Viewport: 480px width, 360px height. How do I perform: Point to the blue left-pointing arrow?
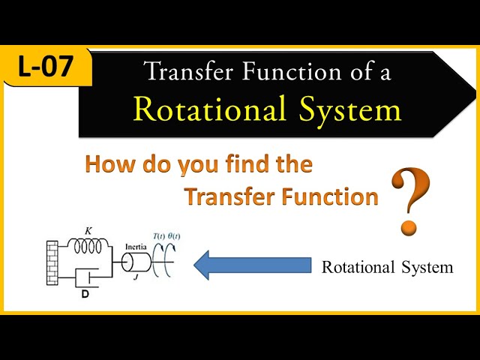(252, 265)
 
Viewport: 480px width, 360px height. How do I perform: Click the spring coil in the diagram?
(89, 244)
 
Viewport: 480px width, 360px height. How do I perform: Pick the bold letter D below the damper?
(85, 294)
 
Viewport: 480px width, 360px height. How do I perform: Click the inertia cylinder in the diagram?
(137, 264)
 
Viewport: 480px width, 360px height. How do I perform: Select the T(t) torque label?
(159, 237)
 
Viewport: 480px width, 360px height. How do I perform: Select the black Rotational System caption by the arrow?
(387, 267)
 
